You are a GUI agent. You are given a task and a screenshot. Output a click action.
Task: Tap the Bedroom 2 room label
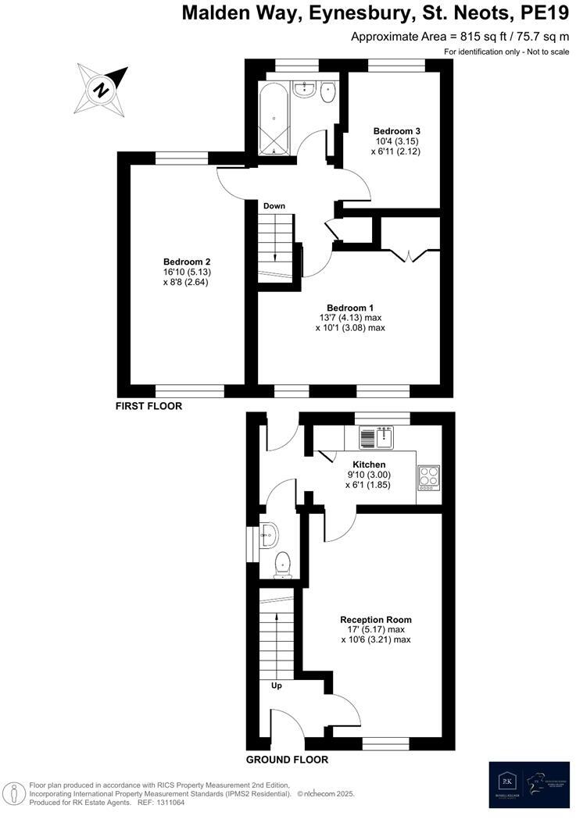187,262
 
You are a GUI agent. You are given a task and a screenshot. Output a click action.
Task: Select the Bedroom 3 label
397,130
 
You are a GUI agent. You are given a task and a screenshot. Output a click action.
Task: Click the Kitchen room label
369,465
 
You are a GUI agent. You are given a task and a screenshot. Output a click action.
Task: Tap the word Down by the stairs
274,206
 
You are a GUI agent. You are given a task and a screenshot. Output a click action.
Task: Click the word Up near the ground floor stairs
276,686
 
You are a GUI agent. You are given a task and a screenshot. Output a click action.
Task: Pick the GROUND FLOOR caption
287,760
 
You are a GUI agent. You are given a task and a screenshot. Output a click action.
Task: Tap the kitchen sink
379,435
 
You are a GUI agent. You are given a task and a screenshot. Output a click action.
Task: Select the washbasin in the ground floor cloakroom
270,535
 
